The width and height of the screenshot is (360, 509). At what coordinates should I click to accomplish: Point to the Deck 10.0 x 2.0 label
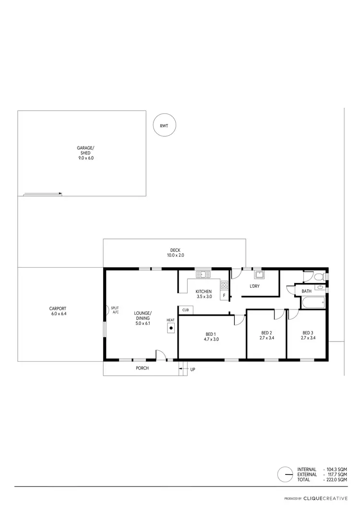[175, 252]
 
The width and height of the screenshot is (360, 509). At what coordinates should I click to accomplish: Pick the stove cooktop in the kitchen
[224, 285]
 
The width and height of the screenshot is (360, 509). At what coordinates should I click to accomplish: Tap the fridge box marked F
[224, 296]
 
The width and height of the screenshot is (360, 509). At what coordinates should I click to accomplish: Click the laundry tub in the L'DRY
[260, 275]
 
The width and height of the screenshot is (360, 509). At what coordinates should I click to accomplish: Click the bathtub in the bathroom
[313, 303]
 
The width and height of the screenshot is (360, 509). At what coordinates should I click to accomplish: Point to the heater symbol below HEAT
[171, 328]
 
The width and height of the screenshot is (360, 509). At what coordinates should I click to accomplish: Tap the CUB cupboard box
[185, 310]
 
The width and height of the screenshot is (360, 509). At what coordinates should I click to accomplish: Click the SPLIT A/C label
[115, 309]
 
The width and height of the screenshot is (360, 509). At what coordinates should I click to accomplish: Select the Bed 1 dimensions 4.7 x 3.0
[210, 339]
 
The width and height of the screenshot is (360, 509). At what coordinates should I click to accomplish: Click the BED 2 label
[266, 333]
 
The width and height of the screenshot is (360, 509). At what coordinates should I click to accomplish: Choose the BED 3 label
[308, 333]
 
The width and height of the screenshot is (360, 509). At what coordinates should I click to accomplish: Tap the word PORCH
[142, 368]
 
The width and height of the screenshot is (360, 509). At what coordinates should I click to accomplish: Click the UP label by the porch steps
[193, 369]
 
